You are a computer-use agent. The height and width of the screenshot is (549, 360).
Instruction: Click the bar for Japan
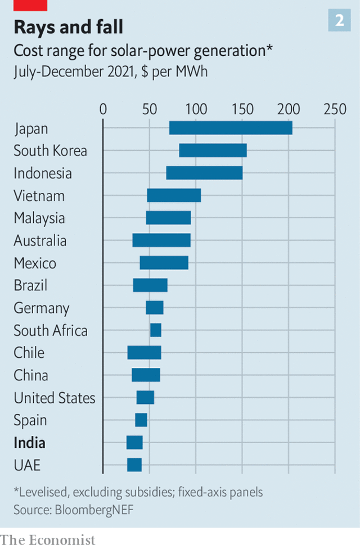pos(231,128)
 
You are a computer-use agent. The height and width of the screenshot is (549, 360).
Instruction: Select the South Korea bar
pos(213,151)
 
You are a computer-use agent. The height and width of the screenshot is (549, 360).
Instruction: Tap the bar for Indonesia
pos(204,173)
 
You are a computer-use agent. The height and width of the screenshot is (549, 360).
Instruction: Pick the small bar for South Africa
pos(156,330)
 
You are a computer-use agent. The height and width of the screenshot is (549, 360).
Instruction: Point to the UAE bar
pos(134,465)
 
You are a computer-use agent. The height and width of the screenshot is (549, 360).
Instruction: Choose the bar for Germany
pos(155,308)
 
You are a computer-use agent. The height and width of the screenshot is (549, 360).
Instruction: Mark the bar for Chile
pos(144,353)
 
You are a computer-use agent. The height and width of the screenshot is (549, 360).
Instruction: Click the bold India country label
pos(30,443)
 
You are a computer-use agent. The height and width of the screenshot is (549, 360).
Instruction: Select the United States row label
pos(55,398)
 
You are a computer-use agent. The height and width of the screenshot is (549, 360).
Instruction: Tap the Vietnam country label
pos(39,196)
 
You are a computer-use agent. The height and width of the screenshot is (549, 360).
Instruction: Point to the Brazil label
pos(30,285)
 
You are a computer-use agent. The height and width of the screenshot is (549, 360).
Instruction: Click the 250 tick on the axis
pos(335,109)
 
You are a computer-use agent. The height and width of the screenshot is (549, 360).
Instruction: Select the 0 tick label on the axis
pos(103,109)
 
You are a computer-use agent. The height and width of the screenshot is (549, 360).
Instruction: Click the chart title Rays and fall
pos(68,26)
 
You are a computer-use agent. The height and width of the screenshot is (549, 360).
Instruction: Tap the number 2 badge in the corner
pos(340,21)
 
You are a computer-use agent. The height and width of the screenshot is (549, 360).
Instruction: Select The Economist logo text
pos(48,539)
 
